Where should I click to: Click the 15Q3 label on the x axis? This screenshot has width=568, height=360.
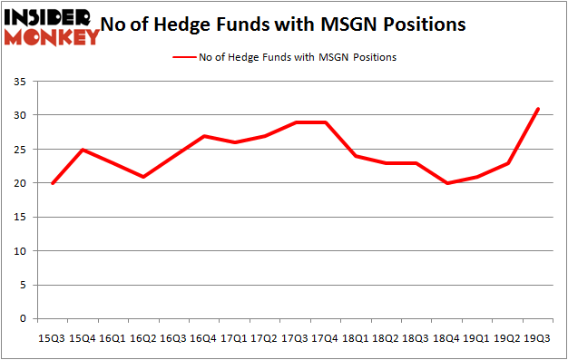coord(52,336)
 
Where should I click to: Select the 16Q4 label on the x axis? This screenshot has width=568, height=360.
coord(203,336)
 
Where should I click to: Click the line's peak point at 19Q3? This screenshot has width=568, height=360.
coord(537,109)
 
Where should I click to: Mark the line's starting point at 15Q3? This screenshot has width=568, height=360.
coord(53,183)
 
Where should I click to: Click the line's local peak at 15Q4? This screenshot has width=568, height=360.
coord(83,150)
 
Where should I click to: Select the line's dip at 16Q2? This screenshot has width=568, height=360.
coord(143,177)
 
